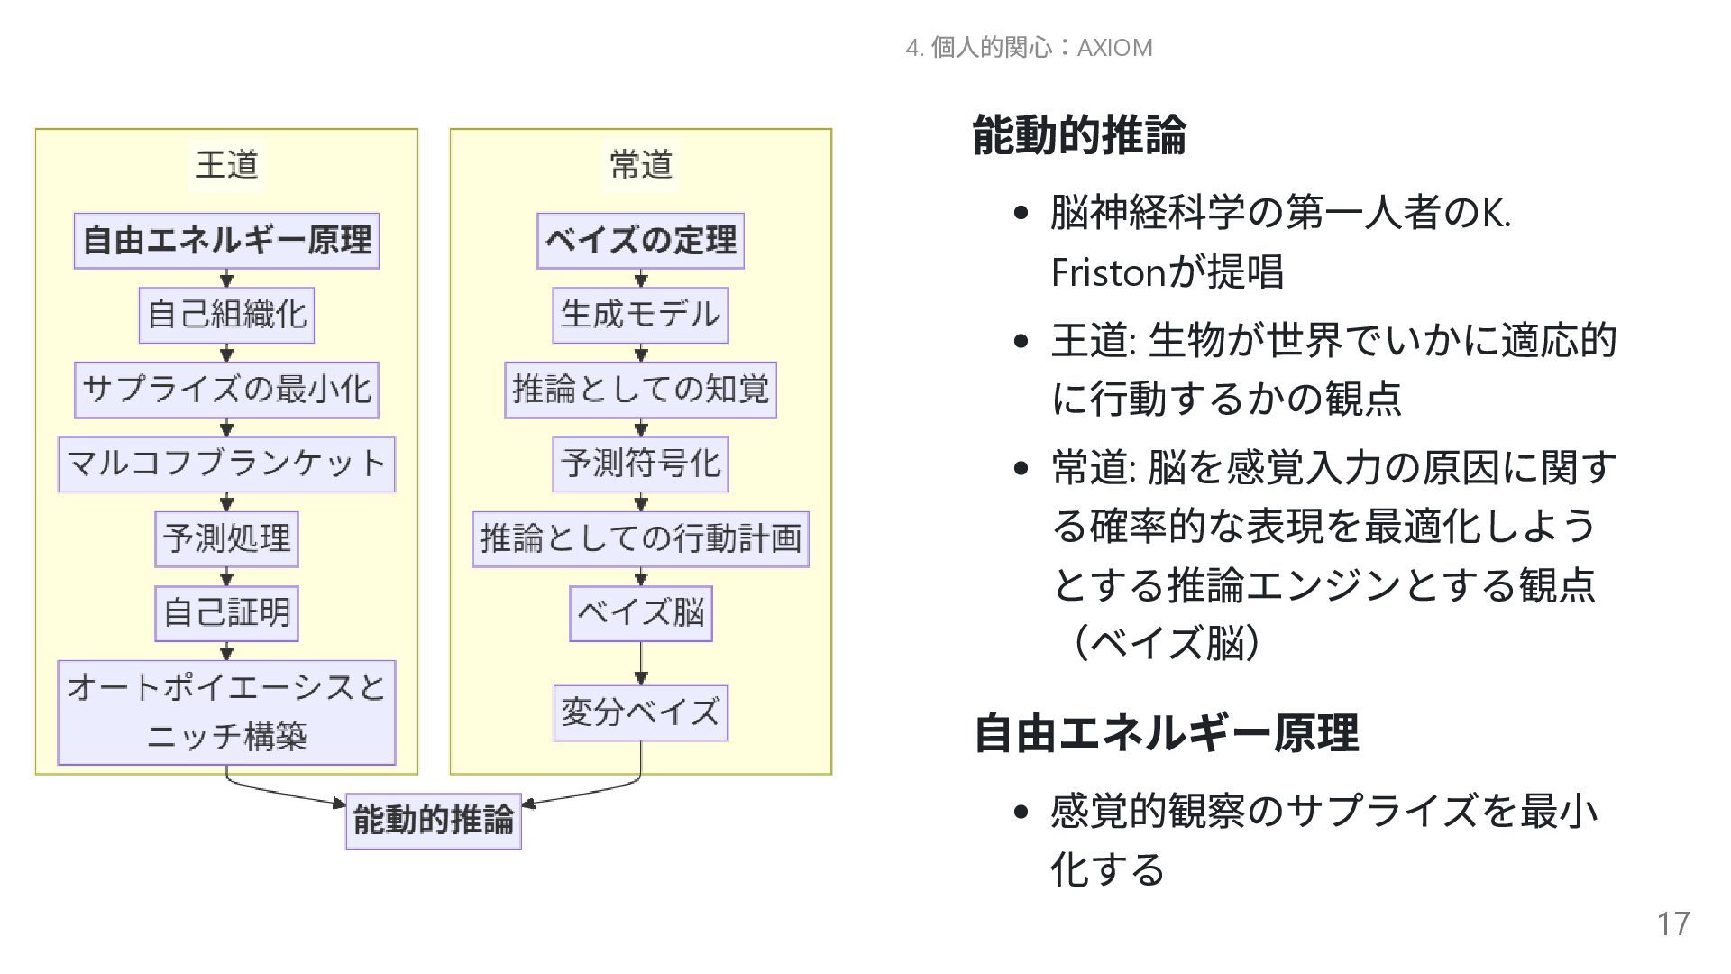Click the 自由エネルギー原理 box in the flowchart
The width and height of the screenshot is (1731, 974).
point(226,241)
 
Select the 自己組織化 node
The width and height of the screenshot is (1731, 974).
point(226,315)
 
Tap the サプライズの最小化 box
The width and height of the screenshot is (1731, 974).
point(226,390)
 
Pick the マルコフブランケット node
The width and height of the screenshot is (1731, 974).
point(226,464)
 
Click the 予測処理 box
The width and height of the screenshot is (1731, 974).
point(226,538)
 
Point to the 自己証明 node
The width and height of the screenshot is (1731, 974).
point(226,613)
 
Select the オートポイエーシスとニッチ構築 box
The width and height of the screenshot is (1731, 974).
point(226,712)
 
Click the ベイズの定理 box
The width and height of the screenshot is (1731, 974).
point(640,241)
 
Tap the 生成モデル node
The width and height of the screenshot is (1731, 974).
point(640,315)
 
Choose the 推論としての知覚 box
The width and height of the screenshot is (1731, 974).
point(640,390)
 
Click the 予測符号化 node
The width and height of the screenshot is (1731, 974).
point(640,464)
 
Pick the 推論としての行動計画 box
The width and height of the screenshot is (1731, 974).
point(640,538)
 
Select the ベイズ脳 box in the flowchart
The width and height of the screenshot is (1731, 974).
point(640,613)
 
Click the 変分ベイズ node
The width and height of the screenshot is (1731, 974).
point(640,712)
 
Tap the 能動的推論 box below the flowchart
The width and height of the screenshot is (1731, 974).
point(433,821)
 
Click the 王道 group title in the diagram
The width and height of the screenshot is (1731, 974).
point(226,165)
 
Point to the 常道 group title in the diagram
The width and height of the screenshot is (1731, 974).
point(640,165)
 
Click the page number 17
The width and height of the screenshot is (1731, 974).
point(1672,924)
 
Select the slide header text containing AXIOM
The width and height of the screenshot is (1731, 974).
point(1029,48)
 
